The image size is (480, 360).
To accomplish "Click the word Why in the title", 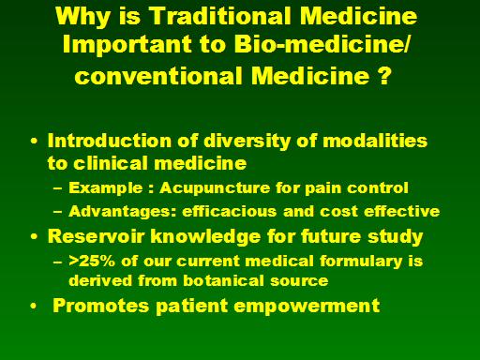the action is pos(82,17).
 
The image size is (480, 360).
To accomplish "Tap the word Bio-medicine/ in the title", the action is pos(322,43).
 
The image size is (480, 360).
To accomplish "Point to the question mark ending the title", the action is pos(384,75).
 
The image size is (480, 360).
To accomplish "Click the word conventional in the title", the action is pos(158,76).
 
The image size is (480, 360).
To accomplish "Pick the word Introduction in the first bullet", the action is pos(110,141).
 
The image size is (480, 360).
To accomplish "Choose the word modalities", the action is pos(375,141).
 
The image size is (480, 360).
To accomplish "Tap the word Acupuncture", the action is pos(215,187).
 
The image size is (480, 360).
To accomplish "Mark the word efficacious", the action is pos(230,211).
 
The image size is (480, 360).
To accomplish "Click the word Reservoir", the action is pos(96,236).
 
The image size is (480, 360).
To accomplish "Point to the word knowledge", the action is pos(205,237).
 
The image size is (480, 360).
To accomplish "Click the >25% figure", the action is pos(92,261).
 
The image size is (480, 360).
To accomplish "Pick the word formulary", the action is pos(361,262).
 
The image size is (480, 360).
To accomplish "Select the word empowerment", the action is pos(307,306).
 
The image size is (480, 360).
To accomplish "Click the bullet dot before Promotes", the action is pos(34,306).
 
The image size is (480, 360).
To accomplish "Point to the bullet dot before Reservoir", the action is pos(34,236).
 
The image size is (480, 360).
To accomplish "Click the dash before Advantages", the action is pos(57,212).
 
